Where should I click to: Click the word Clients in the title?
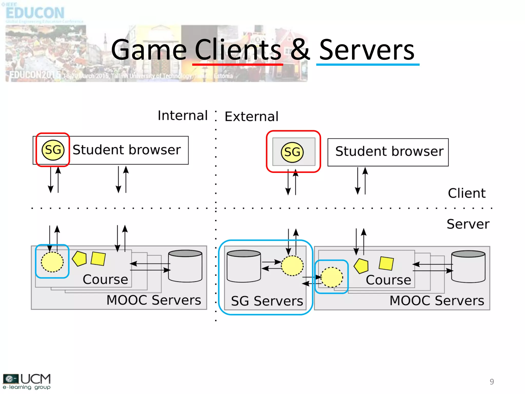tap(238, 50)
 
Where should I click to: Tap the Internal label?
tap(183, 115)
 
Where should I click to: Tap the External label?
tap(251, 116)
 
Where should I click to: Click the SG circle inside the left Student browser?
tap(53, 150)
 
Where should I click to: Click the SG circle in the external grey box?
tap(292, 152)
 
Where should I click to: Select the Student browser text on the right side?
tap(389, 151)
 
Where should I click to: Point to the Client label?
tap(467, 193)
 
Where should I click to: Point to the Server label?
tap(468, 224)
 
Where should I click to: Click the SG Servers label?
tap(267, 301)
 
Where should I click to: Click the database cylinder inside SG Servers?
tap(244, 266)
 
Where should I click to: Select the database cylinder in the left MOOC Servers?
tap(185, 266)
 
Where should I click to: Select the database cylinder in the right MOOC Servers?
tap(468, 267)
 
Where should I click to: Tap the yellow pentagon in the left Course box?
tap(79, 259)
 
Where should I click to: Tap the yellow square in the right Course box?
tap(386, 263)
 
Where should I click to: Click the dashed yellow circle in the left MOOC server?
tap(52, 262)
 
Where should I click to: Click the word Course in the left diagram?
tap(105, 279)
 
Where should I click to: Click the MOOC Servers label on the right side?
tap(437, 301)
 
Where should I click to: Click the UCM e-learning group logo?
tap(27, 381)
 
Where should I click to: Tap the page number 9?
tap(492, 382)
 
